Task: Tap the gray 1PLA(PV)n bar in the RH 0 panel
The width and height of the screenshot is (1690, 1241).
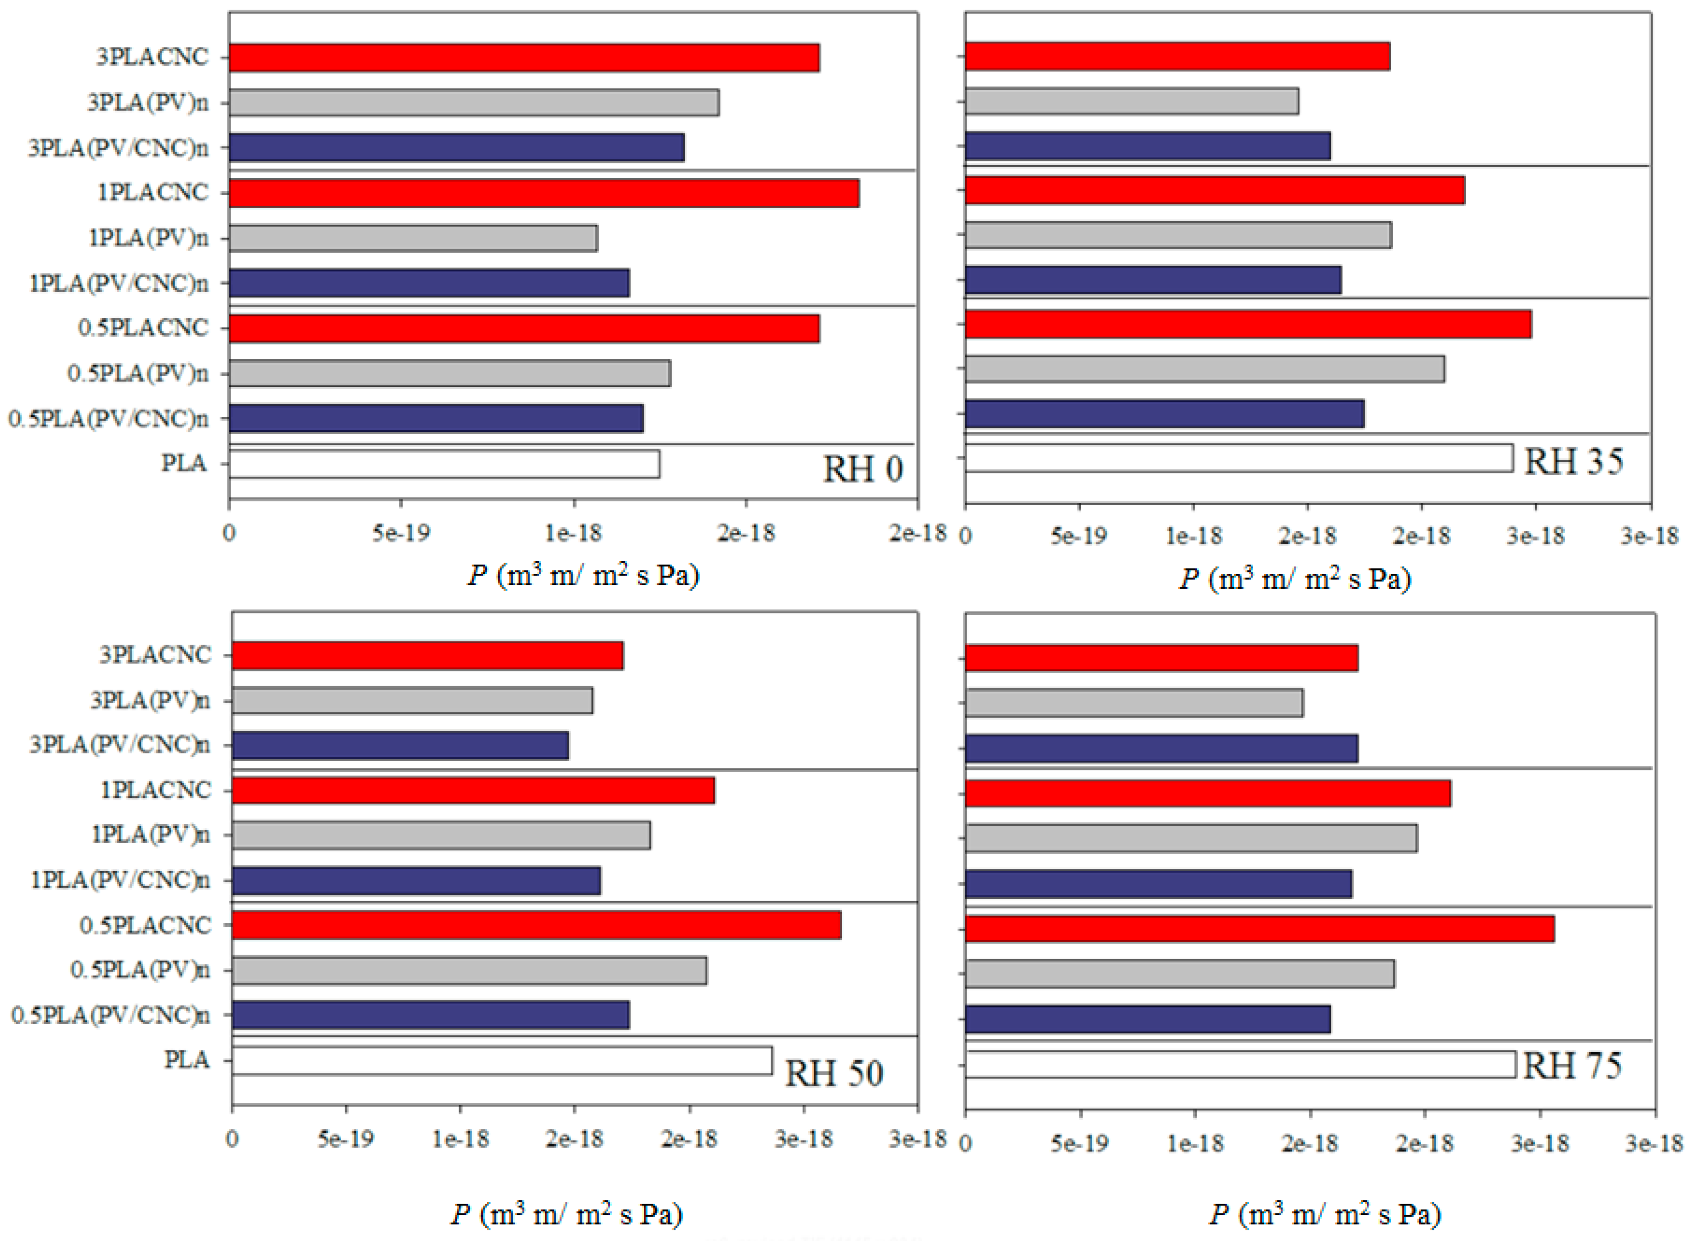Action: pyautogui.click(x=413, y=238)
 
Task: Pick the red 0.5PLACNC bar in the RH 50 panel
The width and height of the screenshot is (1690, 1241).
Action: pyautogui.click(x=536, y=925)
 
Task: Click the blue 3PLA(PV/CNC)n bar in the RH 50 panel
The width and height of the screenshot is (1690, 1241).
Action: pyautogui.click(x=400, y=745)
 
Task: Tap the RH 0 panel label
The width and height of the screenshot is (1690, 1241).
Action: pyautogui.click(x=862, y=470)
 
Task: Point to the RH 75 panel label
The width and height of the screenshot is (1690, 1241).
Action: pyautogui.click(x=1572, y=1065)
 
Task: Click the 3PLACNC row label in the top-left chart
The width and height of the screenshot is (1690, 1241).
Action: pyautogui.click(x=152, y=57)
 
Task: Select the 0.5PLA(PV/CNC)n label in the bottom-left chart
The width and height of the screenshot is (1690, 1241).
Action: pyautogui.click(x=111, y=1016)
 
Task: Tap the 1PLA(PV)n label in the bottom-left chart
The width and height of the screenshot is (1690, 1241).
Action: pyautogui.click(x=150, y=834)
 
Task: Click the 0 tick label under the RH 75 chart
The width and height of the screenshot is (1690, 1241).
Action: pyautogui.click(x=966, y=1143)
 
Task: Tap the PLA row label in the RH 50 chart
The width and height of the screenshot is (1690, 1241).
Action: pyautogui.click(x=186, y=1060)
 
